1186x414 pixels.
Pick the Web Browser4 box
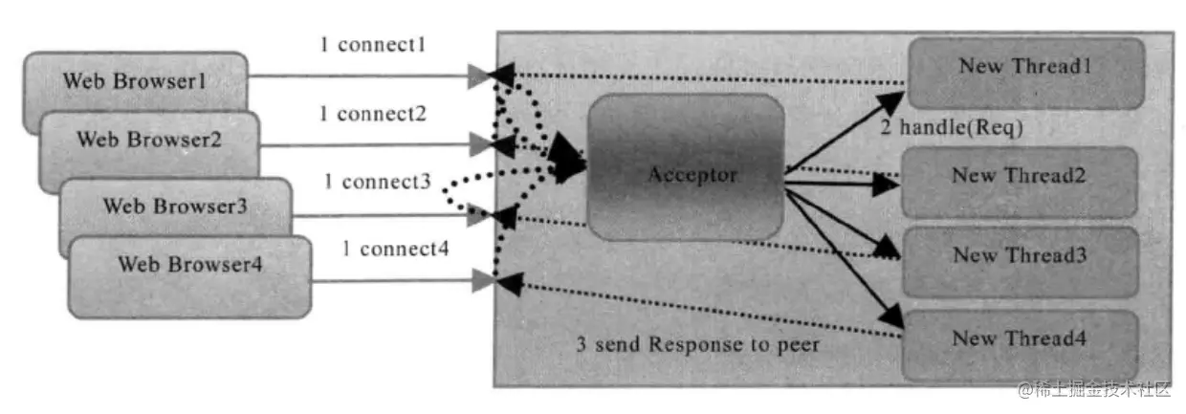pos(190,276)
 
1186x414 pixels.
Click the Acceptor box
pos(686,166)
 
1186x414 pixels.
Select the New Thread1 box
pos(1026,73)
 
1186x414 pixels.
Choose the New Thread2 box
pos(1020,183)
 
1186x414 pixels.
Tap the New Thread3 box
pos(1021,262)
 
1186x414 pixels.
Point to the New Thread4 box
pos(1020,345)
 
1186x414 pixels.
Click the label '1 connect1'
pos(373,45)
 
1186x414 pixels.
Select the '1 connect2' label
pos(373,114)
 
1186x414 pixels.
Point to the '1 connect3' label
pos(378,182)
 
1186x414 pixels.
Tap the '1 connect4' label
pos(396,249)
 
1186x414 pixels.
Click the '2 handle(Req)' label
pos(952,127)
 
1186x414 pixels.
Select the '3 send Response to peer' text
pos(698,344)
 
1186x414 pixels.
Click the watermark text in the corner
pos(1094,390)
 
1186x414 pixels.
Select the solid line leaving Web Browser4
pos(404,280)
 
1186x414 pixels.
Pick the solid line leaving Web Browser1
pos(368,76)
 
